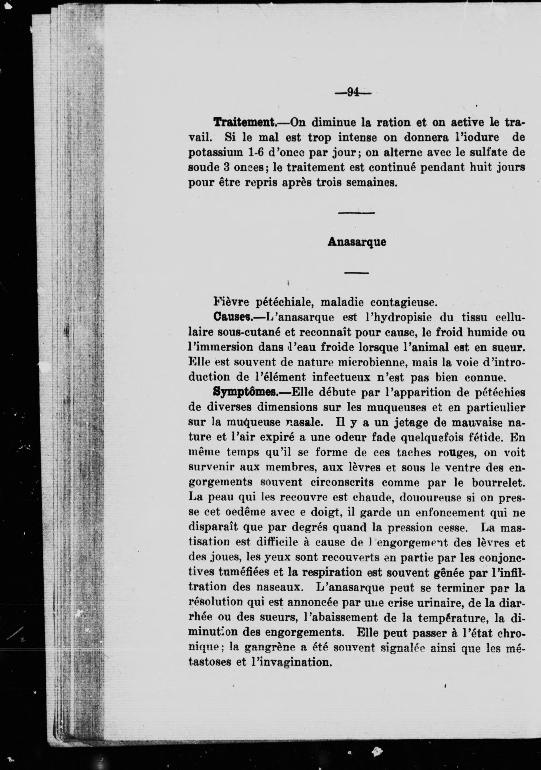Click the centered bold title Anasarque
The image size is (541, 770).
pyautogui.click(x=357, y=242)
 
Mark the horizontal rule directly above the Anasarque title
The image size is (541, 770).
pyautogui.click(x=356, y=213)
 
